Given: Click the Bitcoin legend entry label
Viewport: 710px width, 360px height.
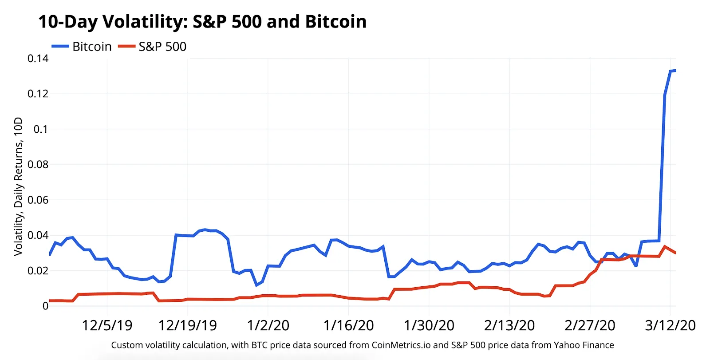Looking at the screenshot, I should point(92,47).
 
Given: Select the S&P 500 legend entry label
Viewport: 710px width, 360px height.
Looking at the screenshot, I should point(162,47).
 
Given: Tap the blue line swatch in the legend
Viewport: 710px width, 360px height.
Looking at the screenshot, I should point(60,47).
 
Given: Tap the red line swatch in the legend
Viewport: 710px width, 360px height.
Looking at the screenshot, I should point(126,47).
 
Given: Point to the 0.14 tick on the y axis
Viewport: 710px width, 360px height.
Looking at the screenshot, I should point(38,59).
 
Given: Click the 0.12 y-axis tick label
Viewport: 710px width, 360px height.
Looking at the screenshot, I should point(38,94).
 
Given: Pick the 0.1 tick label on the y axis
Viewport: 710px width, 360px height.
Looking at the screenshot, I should point(41,129).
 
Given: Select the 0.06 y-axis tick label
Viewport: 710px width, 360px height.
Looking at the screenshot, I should point(38,200).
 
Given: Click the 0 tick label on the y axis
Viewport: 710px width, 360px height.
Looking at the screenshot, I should point(45,306).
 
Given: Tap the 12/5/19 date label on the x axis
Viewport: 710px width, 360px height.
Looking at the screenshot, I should point(107,325).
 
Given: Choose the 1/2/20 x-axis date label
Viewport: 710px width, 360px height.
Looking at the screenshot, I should point(268,325).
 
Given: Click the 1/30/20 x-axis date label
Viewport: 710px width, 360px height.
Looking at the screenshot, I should point(429,325).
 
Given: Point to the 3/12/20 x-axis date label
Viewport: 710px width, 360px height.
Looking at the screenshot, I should point(670,325).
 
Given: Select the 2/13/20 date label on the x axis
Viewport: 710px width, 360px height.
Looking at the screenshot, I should point(509,325).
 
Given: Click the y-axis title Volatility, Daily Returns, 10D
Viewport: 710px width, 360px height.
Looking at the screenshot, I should point(18,186).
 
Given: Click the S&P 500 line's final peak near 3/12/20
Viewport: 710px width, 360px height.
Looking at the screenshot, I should point(664,246).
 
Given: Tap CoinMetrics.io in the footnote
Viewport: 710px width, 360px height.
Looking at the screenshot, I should point(401,345).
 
